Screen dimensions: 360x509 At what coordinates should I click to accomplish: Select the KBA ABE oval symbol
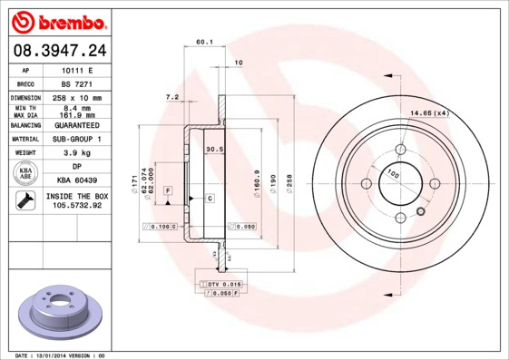(x=27, y=174)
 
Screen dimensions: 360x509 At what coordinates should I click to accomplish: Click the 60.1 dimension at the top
(x=204, y=41)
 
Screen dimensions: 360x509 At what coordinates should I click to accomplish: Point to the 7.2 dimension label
(x=171, y=96)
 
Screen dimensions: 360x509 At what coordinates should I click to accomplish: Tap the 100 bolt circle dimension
(x=394, y=172)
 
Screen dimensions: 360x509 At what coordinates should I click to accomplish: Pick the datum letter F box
(x=168, y=190)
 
